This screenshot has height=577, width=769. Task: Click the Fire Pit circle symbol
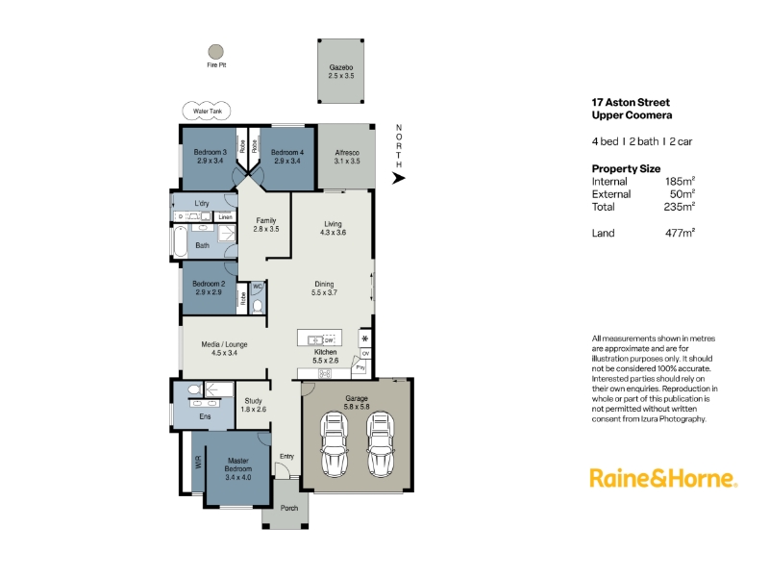coord(215,52)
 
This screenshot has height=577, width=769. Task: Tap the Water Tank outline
coord(207,103)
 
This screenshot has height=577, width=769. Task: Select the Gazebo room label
coord(341,67)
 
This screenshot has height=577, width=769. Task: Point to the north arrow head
coord(399,178)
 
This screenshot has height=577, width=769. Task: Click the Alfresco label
coord(347,153)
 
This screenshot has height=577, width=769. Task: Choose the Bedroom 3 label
coord(210,152)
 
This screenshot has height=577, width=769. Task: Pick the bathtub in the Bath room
coord(180,241)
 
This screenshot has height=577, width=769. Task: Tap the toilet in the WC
coord(258,306)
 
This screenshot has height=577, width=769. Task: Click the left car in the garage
coord(334,444)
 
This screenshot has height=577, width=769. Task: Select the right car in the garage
coord(380,444)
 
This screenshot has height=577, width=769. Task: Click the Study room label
coord(253,400)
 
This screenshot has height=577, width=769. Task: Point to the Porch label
coord(289,508)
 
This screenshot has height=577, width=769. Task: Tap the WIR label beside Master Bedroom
coord(198,462)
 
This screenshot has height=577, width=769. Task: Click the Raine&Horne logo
coord(663,478)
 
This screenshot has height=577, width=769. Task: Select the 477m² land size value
coord(680,233)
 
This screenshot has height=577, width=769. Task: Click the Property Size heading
coord(626,169)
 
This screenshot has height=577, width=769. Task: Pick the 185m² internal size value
coord(680,181)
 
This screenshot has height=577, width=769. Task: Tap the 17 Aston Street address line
coord(631,103)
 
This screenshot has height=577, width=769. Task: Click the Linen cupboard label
coord(225,217)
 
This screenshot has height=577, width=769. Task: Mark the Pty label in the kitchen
coord(360,367)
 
